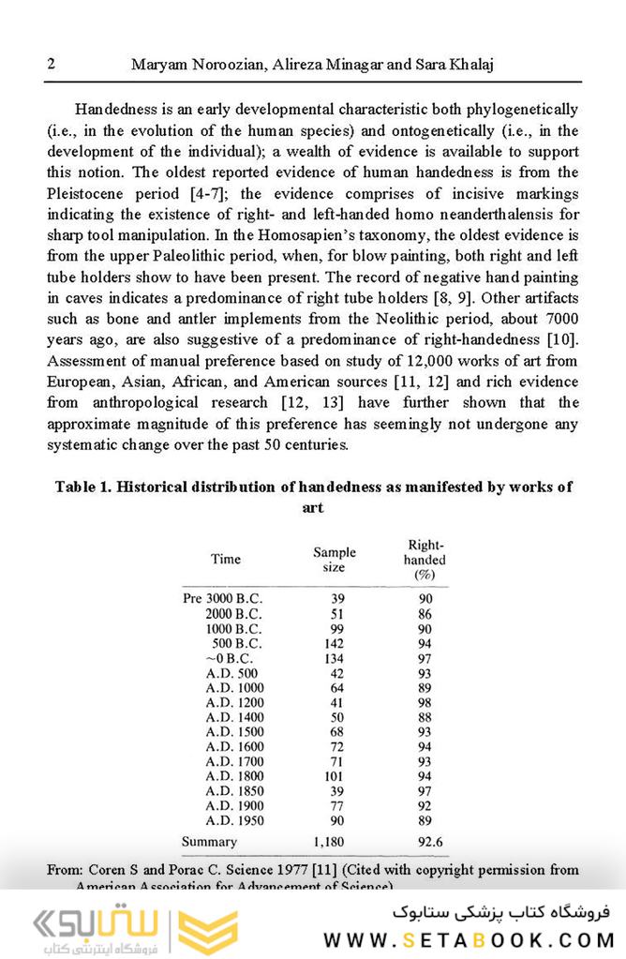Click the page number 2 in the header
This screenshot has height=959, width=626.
pos(51,64)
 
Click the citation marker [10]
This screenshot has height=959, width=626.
pos(562,338)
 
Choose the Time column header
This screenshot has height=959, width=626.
pos(226,560)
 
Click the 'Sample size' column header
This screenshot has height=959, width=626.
pos(335,560)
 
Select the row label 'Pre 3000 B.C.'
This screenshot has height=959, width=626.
pos(223,599)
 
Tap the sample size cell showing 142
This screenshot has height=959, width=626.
pos(333,644)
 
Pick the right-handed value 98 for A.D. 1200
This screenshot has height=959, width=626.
pos(425,702)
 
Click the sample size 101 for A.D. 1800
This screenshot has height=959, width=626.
pos(333,776)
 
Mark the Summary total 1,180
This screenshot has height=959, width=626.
pos(329,842)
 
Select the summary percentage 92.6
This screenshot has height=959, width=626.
pos(430,842)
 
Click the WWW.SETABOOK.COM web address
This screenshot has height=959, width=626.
pos(469,939)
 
